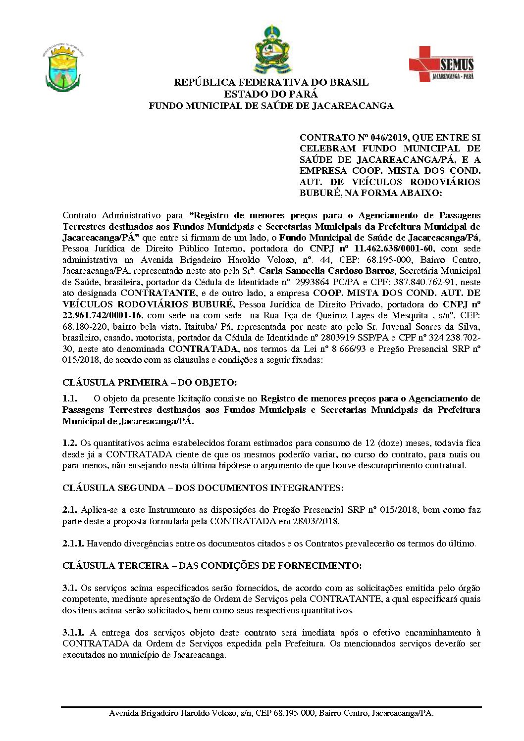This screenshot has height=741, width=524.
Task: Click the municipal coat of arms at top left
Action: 62,69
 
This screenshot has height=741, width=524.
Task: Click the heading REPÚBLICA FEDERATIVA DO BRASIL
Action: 271,82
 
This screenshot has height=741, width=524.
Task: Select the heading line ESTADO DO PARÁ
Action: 271,94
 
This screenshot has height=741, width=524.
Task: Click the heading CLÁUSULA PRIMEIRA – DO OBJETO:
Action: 150,383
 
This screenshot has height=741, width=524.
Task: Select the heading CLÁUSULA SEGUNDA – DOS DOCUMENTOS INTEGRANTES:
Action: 203,488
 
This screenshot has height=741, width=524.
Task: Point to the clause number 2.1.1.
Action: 73,543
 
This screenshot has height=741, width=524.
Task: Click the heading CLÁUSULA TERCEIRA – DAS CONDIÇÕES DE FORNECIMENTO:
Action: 212,566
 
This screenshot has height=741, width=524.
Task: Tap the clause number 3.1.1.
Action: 73,633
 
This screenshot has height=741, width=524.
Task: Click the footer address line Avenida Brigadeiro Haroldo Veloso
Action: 271,713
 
